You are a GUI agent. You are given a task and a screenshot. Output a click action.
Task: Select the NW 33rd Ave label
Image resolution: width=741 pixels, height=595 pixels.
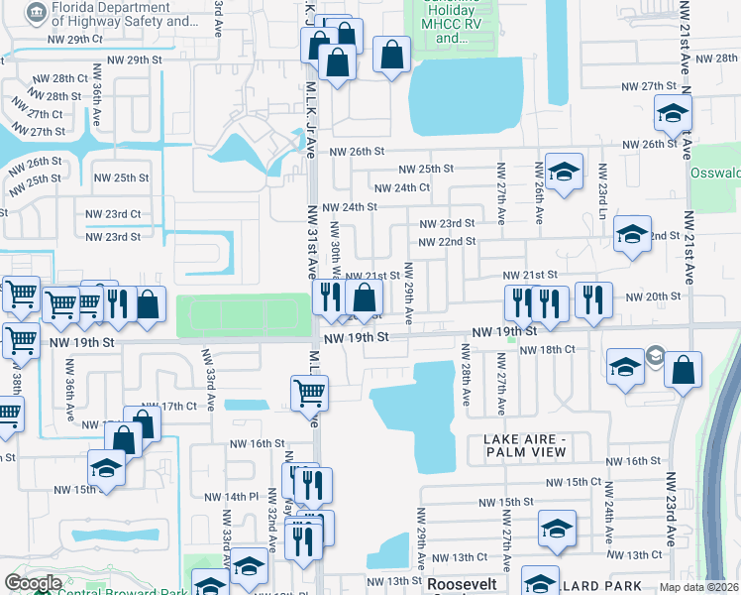click(x=208, y=373)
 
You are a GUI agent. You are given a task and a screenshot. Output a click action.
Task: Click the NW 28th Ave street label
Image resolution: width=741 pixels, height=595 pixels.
click(x=465, y=373)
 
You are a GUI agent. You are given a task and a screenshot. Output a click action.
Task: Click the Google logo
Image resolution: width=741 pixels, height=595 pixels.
click(x=33, y=583)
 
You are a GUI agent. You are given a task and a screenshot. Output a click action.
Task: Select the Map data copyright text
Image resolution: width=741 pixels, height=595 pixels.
click(x=698, y=587)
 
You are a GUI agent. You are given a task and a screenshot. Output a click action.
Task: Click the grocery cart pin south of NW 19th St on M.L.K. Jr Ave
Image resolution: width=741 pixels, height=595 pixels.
click(x=309, y=392)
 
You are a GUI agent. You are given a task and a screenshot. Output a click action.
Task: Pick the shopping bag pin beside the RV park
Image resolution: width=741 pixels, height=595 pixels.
click(x=392, y=55)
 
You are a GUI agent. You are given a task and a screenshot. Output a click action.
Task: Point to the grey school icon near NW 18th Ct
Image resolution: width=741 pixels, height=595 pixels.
click(x=655, y=355)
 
